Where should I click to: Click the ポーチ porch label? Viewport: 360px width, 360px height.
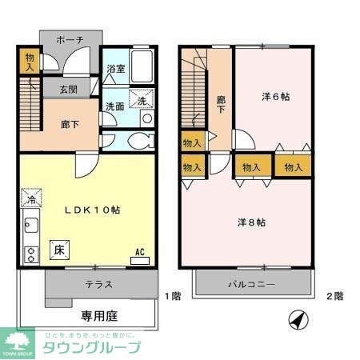[70, 39]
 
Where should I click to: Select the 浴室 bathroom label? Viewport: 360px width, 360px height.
[116, 70]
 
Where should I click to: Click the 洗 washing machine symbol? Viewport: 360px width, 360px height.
[141, 101]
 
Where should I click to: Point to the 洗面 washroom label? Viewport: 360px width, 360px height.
[114, 105]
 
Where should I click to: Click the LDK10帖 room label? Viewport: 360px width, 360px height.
[93, 210]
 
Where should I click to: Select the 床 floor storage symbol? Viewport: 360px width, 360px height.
[59, 248]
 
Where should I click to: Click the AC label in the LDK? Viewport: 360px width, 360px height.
[139, 252]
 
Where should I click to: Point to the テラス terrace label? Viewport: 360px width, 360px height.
[98, 284]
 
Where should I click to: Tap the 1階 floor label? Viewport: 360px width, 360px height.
[173, 295]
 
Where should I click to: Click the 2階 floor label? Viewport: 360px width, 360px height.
[334, 295]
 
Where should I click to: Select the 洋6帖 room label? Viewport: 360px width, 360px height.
[275, 96]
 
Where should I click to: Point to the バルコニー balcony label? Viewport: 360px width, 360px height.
[250, 284]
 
